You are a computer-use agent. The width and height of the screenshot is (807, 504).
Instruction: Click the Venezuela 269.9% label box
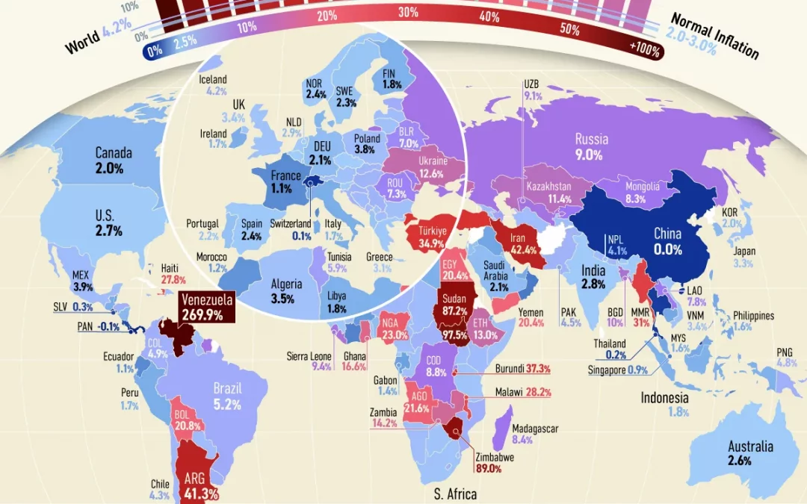(x=207, y=308)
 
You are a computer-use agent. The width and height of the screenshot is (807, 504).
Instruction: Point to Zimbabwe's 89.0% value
(x=489, y=468)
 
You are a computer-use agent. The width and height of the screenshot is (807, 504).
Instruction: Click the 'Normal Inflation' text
(x=714, y=36)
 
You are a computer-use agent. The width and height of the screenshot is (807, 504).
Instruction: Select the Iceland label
(x=213, y=80)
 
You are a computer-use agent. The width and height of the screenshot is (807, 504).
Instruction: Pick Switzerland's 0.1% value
(x=301, y=236)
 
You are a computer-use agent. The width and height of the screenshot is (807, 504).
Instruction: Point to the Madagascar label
(x=535, y=429)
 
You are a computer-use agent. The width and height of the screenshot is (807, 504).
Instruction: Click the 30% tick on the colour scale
(x=408, y=13)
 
